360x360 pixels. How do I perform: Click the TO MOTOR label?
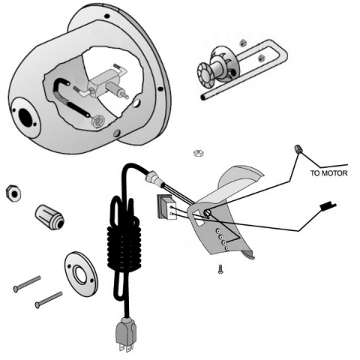click(328, 173)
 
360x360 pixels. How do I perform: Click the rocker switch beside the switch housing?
click(166, 207)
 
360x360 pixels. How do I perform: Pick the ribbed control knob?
click(49, 217)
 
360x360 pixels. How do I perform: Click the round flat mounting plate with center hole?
click(81, 274)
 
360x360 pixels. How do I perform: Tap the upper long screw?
click(27, 283)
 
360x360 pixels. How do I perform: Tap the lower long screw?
click(49, 299)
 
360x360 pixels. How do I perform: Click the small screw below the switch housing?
click(220, 269)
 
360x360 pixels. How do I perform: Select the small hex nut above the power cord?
click(199, 153)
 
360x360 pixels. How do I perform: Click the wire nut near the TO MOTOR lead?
click(298, 149)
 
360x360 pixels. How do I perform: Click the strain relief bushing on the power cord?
click(154, 177)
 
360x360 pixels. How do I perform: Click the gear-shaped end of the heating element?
click(205, 75)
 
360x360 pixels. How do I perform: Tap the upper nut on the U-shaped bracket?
click(242, 43)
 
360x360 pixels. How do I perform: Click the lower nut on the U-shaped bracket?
click(261, 58)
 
